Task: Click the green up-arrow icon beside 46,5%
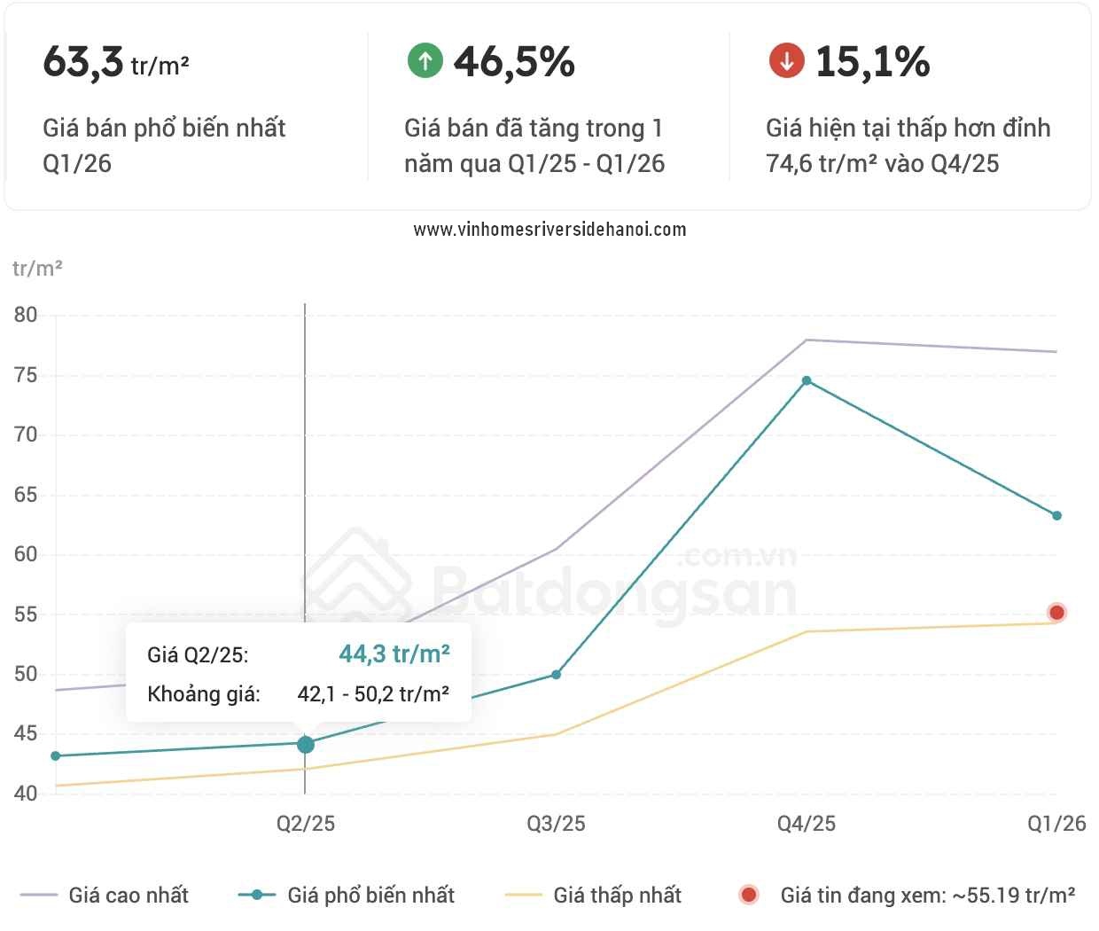[x=425, y=60]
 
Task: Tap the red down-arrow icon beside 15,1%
[x=786, y=60]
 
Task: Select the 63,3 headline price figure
[x=83, y=62]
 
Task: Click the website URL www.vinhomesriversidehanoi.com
[x=549, y=230]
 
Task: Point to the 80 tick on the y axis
[x=26, y=315]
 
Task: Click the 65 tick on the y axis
[x=26, y=495]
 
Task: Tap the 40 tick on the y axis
[x=26, y=794]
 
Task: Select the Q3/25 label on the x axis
[x=556, y=824]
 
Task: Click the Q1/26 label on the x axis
[x=1056, y=824]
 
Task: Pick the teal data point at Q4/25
[x=807, y=380]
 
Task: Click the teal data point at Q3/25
[x=556, y=675]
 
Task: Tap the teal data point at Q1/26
[x=1057, y=515]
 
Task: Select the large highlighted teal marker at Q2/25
[x=305, y=744]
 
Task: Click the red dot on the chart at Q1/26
[x=1056, y=613]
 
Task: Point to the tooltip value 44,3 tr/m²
[x=394, y=653]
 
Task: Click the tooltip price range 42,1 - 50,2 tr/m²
[x=373, y=694]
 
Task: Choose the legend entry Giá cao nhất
[x=105, y=895]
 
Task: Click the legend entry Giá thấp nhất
[x=593, y=895]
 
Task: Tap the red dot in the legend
[x=749, y=895]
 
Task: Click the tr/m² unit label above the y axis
[x=37, y=269]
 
